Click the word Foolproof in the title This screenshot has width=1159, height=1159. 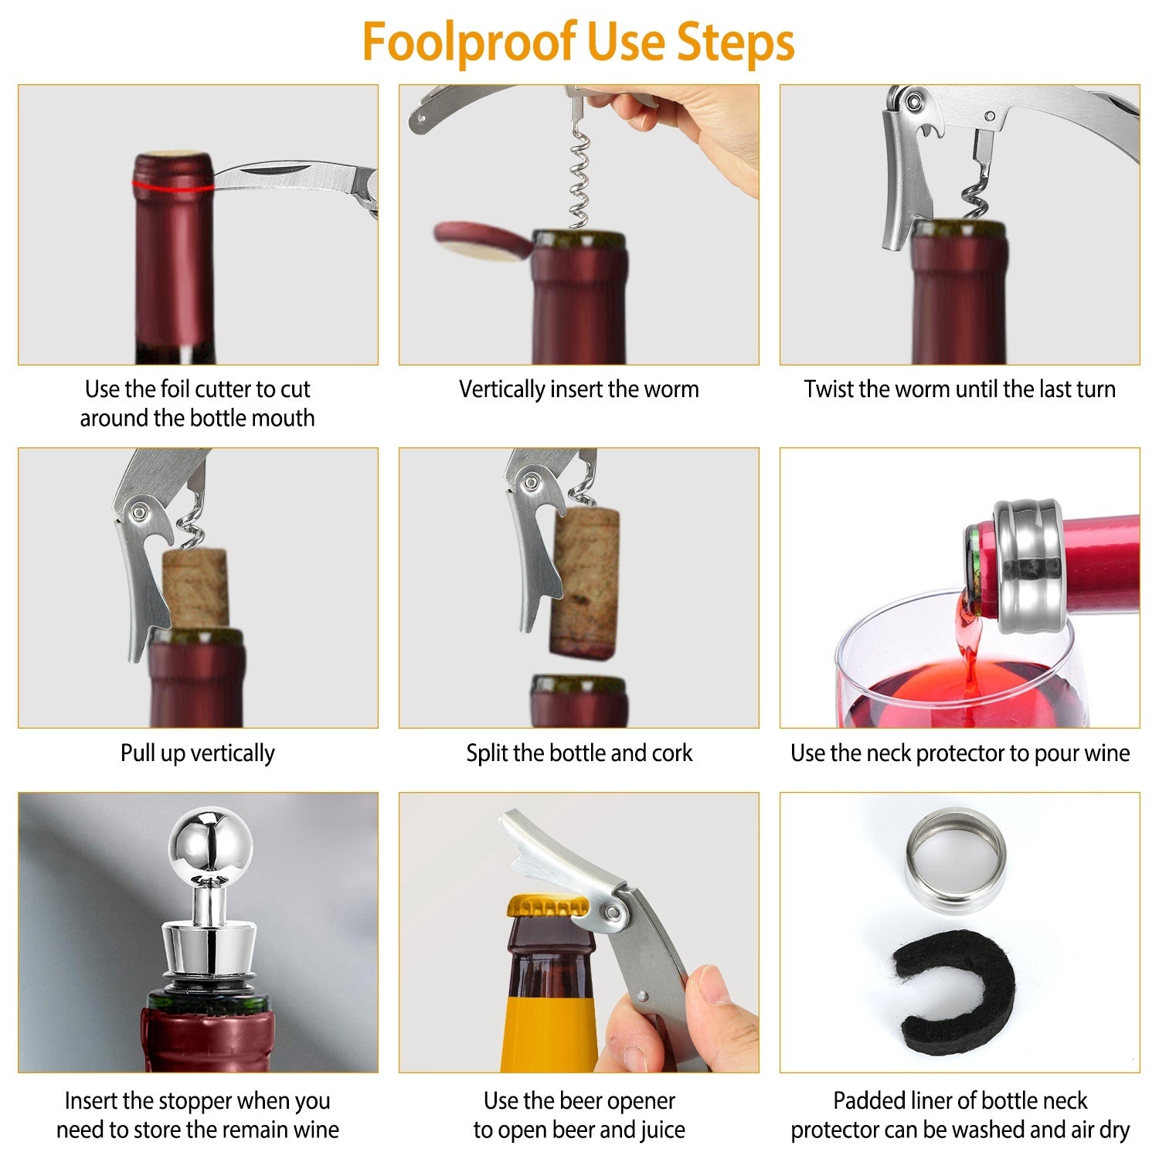pyautogui.click(x=469, y=42)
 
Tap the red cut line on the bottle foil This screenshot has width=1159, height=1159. pyautogui.click(x=172, y=185)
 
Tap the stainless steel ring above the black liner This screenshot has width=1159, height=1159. pyautogui.click(x=956, y=857)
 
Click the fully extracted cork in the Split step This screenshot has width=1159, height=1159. pyautogui.click(x=585, y=583)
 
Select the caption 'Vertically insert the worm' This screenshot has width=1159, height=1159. pyautogui.click(x=579, y=389)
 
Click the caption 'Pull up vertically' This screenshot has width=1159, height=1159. pyautogui.click(x=197, y=753)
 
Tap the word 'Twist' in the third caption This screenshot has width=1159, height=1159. pyautogui.click(x=828, y=389)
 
